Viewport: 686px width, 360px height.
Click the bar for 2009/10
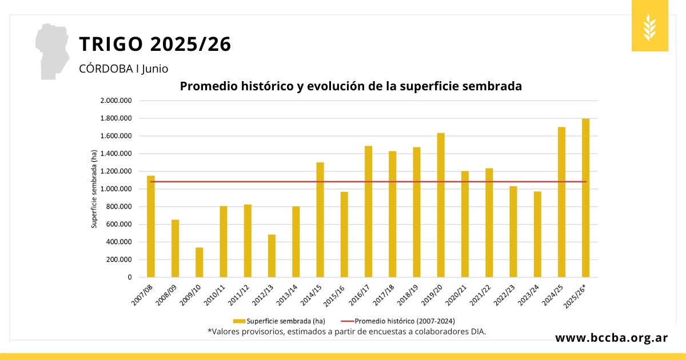tap(199, 262)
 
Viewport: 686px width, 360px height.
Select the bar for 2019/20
tap(441, 205)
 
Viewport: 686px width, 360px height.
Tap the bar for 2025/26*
tap(586, 198)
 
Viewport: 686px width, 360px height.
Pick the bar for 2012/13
tap(272, 256)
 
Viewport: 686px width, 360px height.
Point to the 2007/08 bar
tap(151, 226)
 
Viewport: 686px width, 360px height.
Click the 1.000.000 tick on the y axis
tap(117, 189)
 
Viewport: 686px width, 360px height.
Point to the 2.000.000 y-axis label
tap(117, 101)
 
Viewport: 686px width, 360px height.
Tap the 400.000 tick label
tap(119, 242)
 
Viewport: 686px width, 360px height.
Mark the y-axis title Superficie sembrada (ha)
tap(94, 189)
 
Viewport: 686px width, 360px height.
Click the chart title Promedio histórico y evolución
tap(351, 86)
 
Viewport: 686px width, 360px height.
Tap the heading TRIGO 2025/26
tap(155, 44)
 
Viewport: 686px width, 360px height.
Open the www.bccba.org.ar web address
tap(612, 338)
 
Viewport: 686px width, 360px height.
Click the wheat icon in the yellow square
tap(649, 26)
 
